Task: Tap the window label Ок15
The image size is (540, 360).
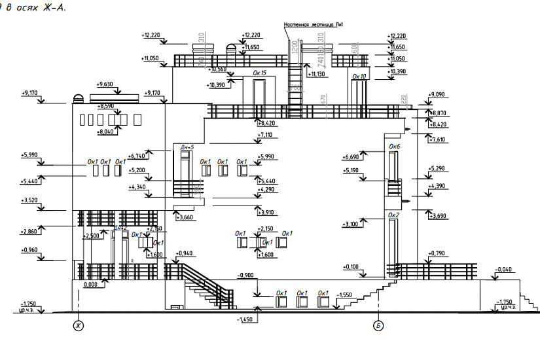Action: point(259,73)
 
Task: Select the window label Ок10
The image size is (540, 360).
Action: point(359,77)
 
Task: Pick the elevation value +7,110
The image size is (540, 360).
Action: point(265,135)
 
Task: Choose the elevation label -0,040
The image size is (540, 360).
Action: point(504,269)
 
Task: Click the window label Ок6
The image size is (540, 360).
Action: point(394,147)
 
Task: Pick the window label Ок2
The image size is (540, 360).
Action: point(393,215)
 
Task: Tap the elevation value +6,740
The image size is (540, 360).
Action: point(137,156)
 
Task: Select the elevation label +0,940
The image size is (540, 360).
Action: point(185,253)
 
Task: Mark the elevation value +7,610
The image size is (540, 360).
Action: point(438,139)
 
